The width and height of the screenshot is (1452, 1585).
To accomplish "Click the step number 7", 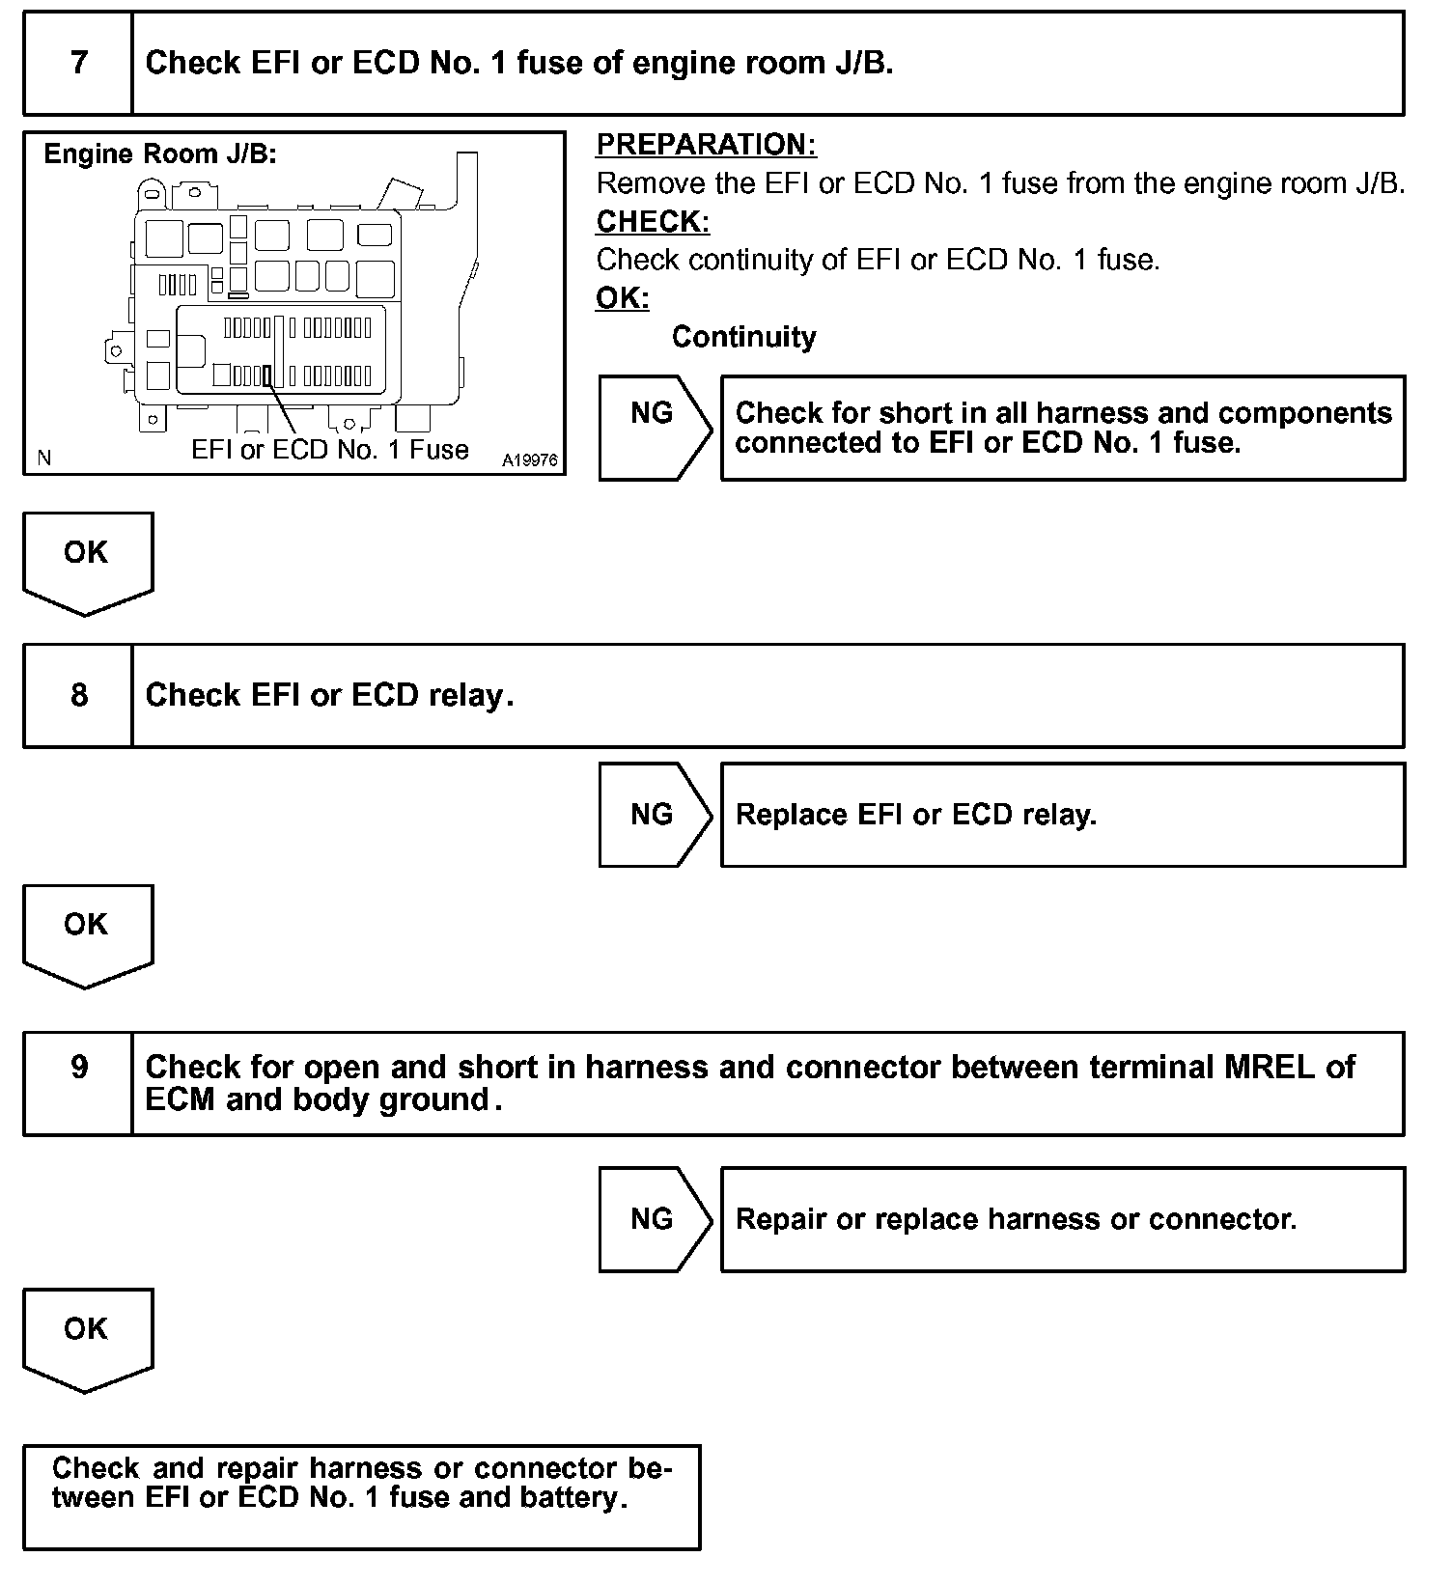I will point(78,63).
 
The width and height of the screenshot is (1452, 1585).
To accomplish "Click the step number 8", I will point(78,695).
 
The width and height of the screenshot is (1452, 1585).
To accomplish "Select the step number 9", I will point(78,1067).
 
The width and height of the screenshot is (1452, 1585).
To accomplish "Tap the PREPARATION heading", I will point(706,145).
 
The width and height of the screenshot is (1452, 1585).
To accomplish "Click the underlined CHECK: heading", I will point(653,221).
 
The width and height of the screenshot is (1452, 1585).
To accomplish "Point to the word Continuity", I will point(743,337).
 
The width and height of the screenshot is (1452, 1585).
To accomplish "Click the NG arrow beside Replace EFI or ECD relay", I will point(653,815).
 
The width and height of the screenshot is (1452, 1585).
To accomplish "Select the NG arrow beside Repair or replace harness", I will point(653,1218).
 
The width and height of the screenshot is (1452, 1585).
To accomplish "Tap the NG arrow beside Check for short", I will point(653,413).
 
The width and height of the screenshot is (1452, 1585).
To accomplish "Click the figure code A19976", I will point(529,460).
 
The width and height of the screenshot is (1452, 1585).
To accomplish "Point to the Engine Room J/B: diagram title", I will point(160,154).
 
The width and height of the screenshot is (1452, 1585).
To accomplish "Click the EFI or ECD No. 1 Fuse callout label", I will point(330,450).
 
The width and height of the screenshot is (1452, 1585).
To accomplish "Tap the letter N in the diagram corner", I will point(43,458).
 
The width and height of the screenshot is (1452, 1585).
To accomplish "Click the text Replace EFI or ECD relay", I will point(915,815).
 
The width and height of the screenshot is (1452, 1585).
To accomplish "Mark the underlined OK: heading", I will point(623,298).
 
